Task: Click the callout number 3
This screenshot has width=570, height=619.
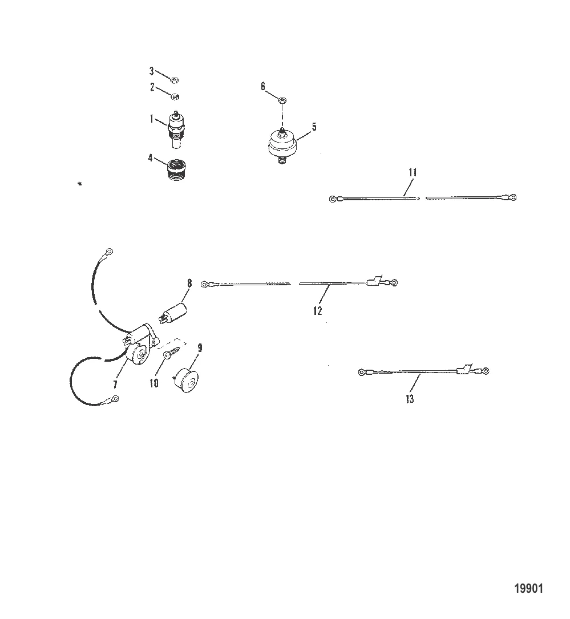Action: pos(151,71)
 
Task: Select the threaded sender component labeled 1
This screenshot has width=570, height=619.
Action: pos(176,129)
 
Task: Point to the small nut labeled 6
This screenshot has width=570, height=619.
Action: pos(281,100)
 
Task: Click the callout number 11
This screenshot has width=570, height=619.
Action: pos(413,172)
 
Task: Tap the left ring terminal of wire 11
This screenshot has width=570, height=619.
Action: pos(333,199)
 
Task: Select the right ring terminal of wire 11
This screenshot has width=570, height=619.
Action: pos(513,197)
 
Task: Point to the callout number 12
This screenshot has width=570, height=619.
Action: pos(318,311)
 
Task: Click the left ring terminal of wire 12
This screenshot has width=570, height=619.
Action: pos(204,284)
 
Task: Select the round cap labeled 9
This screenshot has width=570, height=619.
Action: pos(187,380)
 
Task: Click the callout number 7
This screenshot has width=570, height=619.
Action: pos(115,384)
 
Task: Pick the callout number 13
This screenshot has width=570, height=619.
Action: pos(410,399)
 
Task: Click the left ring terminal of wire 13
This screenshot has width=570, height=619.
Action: pos(361,372)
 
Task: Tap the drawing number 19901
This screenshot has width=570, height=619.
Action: pos(528,589)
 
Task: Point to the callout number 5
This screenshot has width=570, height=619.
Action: pos(314,127)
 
